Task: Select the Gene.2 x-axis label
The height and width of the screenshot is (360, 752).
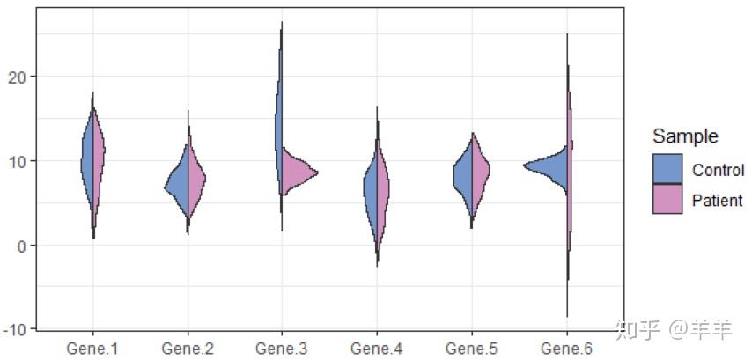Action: [x=188, y=349]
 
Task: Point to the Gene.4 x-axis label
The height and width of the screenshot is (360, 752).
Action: [x=377, y=349]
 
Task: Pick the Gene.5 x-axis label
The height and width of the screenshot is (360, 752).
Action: [x=472, y=349]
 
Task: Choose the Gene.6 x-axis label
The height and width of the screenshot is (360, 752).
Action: [x=566, y=349]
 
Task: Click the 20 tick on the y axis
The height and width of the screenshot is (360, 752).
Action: [x=21, y=77]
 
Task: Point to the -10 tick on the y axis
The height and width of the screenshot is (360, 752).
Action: [x=18, y=328]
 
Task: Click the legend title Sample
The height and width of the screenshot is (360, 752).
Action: [x=684, y=136]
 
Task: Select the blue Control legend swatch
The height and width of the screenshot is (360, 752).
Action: [x=667, y=168]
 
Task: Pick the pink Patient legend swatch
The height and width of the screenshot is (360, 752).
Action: [x=667, y=199]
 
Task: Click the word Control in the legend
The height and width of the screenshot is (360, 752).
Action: [x=718, y=170]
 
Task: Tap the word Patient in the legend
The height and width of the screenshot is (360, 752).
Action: [x=718, y=200]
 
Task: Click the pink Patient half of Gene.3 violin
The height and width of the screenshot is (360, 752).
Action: [x=297, y=172]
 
